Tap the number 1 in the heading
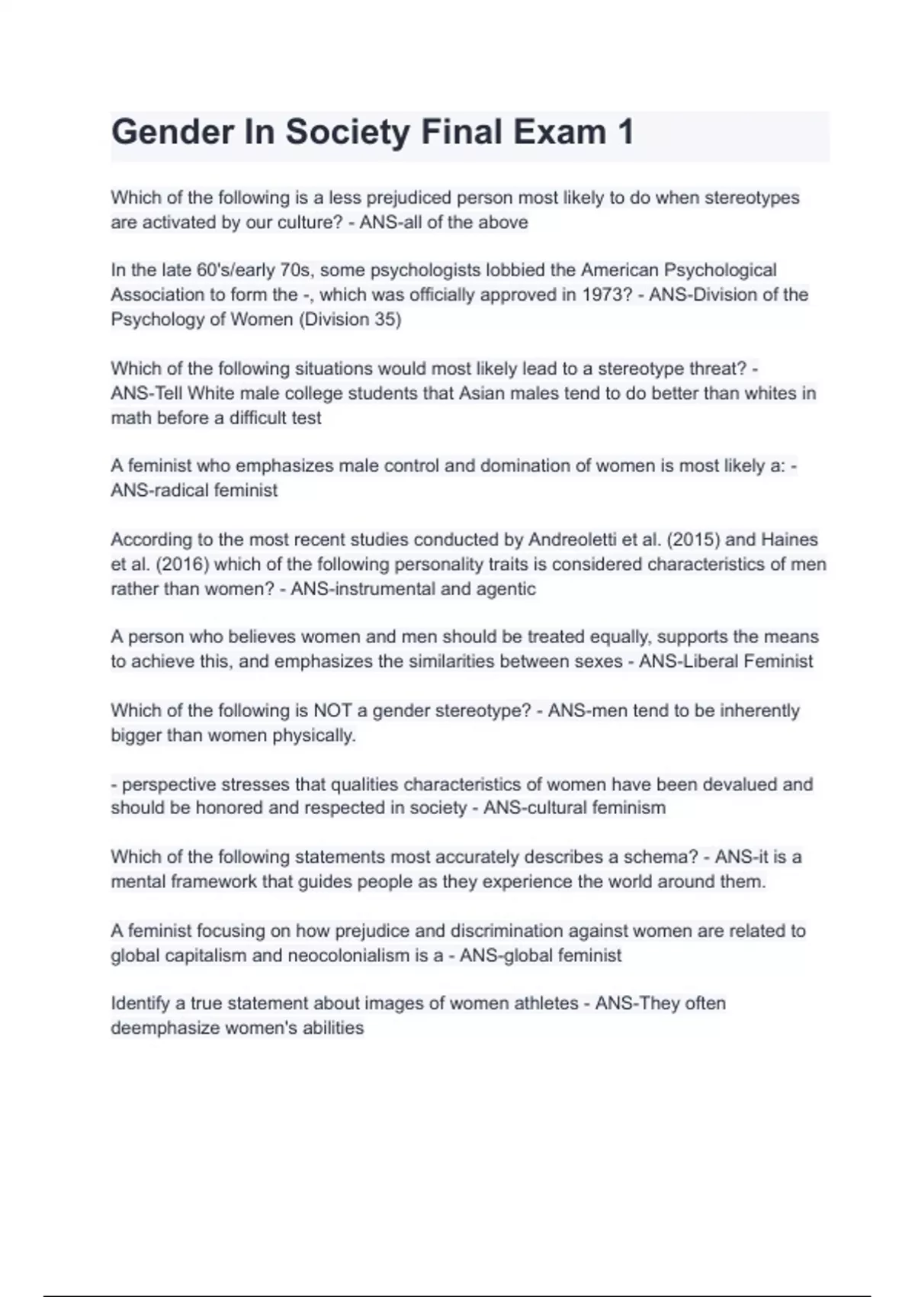(625, 132)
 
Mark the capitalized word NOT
(332, 711)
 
